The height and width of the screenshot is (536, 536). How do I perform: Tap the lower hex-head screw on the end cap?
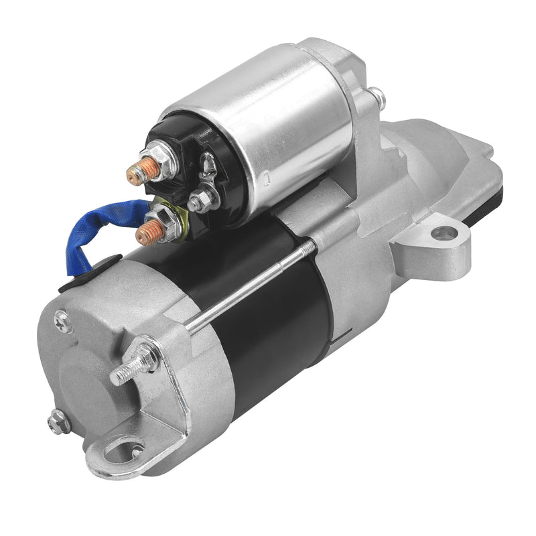point(58,421)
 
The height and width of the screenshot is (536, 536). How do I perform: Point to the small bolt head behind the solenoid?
point(377,98)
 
